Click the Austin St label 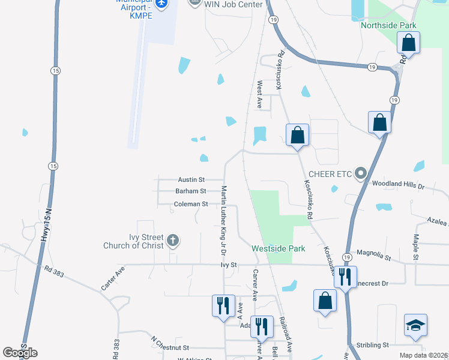tap(191, 179)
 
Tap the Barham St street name tap(191, 191)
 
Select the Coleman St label tap(190, 204)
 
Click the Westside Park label tap(279, 248)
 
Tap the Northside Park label tap(388, 25)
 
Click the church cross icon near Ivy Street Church tap(173, 241)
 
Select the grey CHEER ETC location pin tap(361, 174)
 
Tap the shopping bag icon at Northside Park tap(408, 43)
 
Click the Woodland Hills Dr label tap(398, 185)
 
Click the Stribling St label tap(372, 345)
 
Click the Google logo tap(20, 352)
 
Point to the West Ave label tap(260, 95)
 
